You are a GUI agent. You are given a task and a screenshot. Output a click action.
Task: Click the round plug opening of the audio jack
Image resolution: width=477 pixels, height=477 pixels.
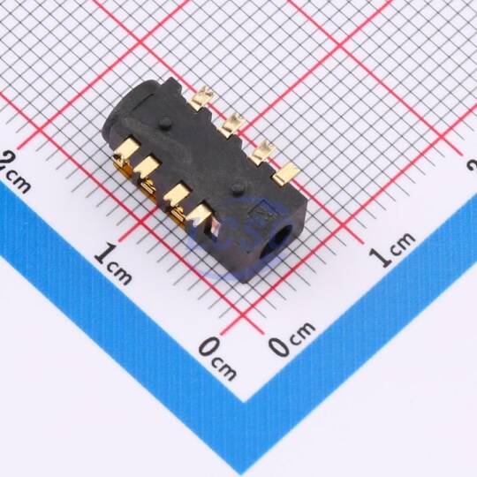[x=278, y=239]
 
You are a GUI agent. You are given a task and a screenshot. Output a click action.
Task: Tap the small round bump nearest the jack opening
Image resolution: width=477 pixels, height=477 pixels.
[x=238, y=189]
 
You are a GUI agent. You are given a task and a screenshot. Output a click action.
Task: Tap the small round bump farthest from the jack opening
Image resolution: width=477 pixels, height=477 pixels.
[x=165, y=122]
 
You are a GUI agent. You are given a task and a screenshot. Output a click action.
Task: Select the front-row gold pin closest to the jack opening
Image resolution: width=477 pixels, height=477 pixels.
[x=199, y=214]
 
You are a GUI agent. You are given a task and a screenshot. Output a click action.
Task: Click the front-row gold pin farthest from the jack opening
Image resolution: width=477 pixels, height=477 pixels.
[x=126, y=150]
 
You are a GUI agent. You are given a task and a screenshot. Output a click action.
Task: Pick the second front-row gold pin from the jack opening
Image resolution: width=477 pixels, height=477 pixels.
[x=176, y=193]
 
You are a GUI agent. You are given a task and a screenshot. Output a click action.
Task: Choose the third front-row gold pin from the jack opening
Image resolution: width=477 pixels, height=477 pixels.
[x=147, y=167]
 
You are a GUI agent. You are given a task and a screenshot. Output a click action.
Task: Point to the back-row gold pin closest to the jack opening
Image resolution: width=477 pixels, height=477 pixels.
[x=286, y=173]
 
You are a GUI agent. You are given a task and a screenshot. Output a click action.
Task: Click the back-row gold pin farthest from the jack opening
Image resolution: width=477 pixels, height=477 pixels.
[x=202, y=96]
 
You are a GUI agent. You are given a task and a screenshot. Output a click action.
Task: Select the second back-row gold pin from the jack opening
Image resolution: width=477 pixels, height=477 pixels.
[x=263, y=152]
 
